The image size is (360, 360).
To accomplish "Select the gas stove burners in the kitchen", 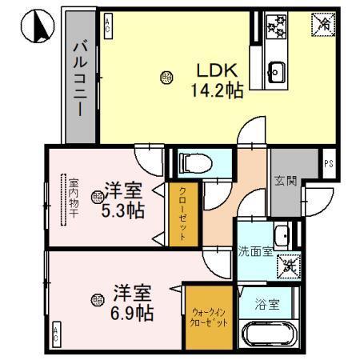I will point(277,29).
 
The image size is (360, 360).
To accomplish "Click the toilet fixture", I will point(192,163).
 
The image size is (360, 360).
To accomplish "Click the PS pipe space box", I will point(328,162).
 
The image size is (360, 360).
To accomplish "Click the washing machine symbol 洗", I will point(290,265).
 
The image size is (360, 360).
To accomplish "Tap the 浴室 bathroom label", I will point(268,304).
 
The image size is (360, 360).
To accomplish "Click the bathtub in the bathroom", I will point(270,334).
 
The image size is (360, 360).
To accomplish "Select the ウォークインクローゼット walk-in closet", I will point(210,318).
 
